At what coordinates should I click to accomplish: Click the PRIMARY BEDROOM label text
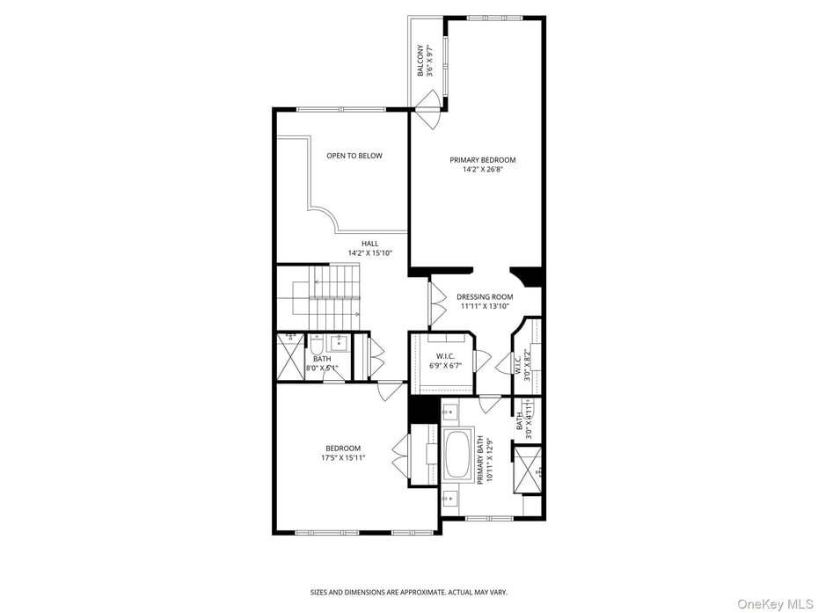(482, 160)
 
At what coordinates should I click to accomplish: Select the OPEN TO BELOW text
(354, 156)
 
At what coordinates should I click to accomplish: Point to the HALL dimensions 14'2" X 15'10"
(369, 253)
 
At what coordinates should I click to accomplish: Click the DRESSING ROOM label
(485, 297)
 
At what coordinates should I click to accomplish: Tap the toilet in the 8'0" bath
(316, 344)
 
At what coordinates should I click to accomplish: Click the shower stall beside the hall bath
(289, 356)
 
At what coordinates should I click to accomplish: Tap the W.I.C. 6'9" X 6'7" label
(445, 361)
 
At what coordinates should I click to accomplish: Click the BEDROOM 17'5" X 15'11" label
(342, 453)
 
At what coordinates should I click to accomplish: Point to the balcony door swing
(429, 113)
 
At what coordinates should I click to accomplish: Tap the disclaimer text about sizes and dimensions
(408, 592)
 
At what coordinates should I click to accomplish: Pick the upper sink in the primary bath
(449, 411)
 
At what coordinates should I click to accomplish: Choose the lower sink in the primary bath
(449, 498)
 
